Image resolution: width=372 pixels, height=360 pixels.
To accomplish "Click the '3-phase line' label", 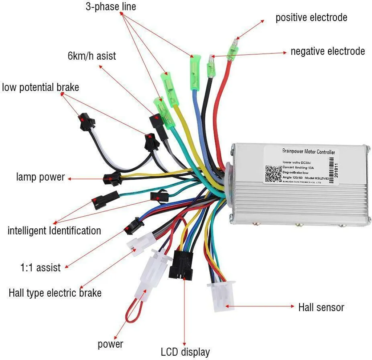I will tap(111, 7).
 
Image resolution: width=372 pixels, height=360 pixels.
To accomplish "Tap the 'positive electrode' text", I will tap(311, 17).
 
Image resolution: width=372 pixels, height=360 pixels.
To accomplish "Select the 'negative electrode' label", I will tap(327, 51).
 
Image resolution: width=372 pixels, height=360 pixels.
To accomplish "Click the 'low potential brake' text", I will tap(40, 88).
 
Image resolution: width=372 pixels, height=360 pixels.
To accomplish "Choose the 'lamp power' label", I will tap(40, 177).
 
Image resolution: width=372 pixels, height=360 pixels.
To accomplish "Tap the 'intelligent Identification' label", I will tap(54, 230).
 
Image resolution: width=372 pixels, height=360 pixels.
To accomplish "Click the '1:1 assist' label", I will tap(40, 268).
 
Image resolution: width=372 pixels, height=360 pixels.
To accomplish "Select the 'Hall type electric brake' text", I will tap(55, 292).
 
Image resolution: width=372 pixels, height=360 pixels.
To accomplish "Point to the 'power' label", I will tap(110, 344).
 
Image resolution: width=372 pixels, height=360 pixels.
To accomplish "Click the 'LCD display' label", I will tap(185, 352).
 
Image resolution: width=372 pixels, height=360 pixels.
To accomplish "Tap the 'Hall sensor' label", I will tap(321, 307).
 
